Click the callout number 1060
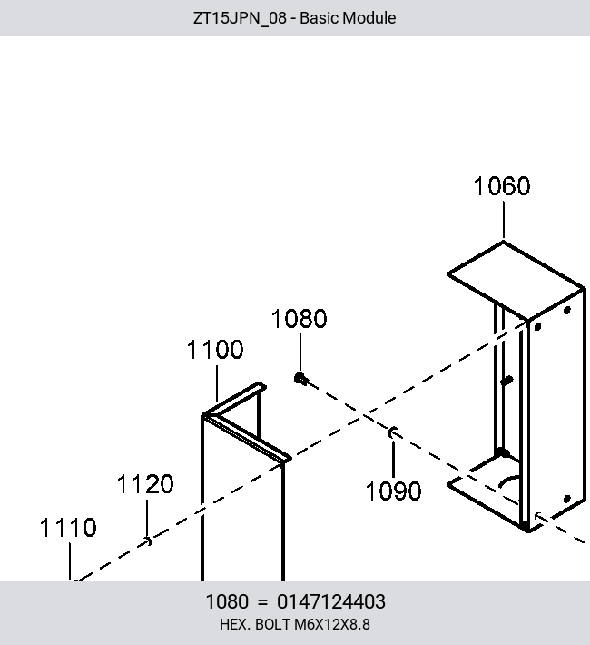point(502,186)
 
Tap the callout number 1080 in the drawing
point(299,318)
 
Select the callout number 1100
point(215,350)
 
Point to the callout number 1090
point(393,491)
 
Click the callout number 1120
point(145,483)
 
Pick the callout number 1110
point(68,527)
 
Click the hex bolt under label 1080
point(300,379)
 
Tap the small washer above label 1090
point(393,432)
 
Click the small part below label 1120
point(148,541)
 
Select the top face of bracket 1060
point(516,280)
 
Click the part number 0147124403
point(331,601)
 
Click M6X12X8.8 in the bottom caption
point(332,624)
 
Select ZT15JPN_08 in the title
point(240,18)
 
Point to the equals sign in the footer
point(262,602)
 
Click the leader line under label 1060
point(504,220)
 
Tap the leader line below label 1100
point(217,383)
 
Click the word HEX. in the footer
point(236,624)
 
